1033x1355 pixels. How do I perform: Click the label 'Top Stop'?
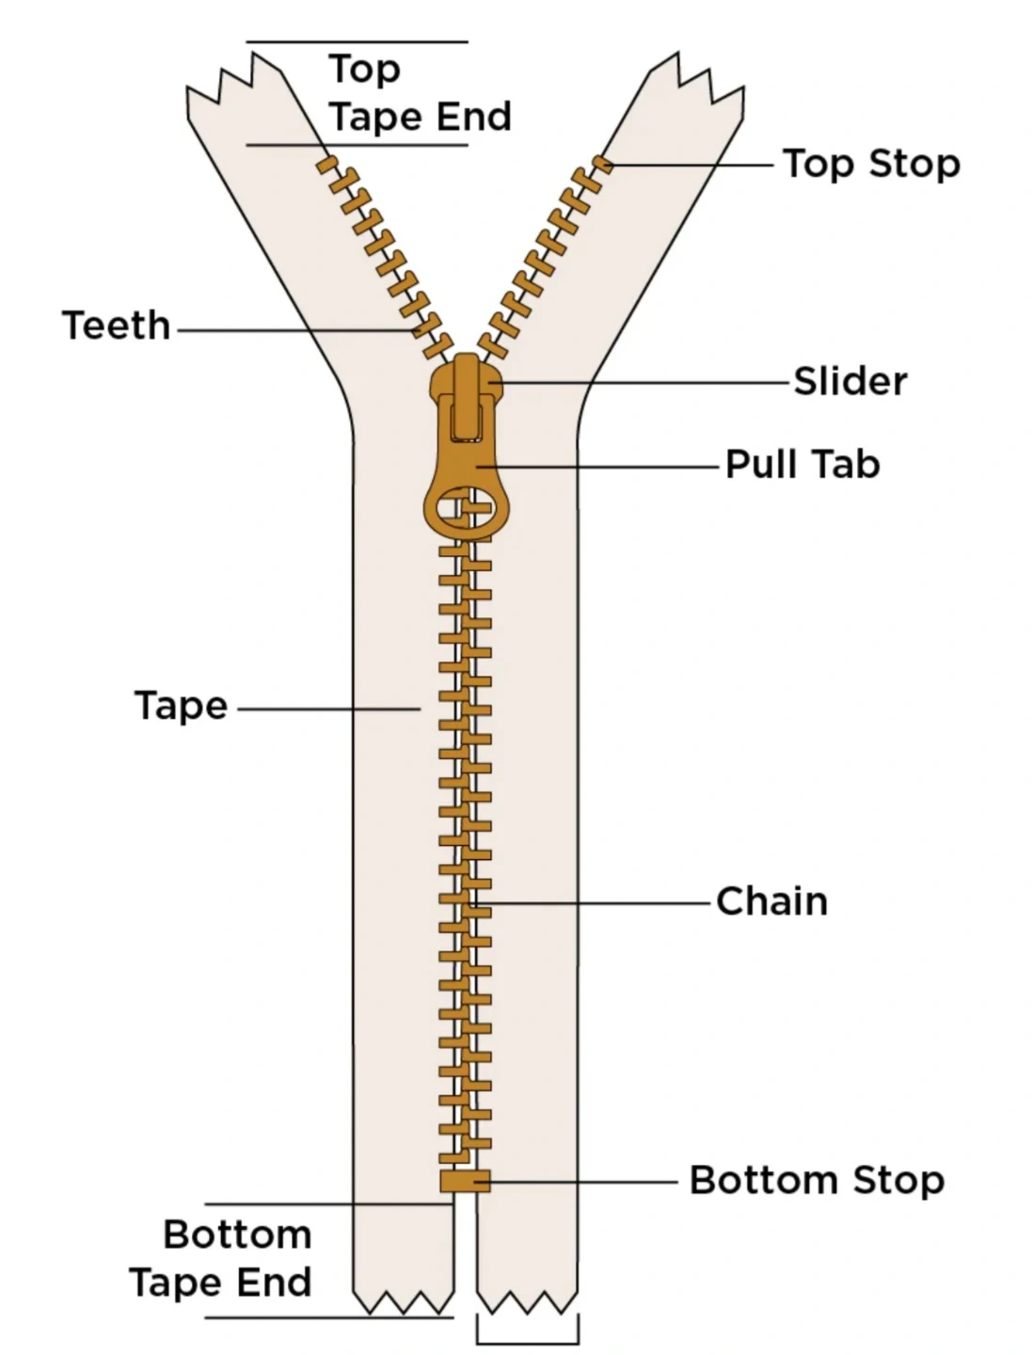[871, 164]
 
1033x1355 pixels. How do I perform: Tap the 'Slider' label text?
[850, 382]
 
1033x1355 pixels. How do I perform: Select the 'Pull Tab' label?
[803, 465]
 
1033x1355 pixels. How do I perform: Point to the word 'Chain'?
[771, 901]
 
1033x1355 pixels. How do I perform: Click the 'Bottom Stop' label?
[817, 1180]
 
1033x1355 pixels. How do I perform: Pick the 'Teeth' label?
[117, 327]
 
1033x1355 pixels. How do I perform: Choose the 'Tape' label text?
[181, 706]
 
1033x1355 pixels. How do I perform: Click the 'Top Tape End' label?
[419, 94]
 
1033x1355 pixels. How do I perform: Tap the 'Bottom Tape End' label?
[222, 1259]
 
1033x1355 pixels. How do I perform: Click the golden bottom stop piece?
[465, 1181]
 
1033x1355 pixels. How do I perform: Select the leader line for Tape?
[329, 709]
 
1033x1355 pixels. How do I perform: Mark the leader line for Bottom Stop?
[583, 1181]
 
